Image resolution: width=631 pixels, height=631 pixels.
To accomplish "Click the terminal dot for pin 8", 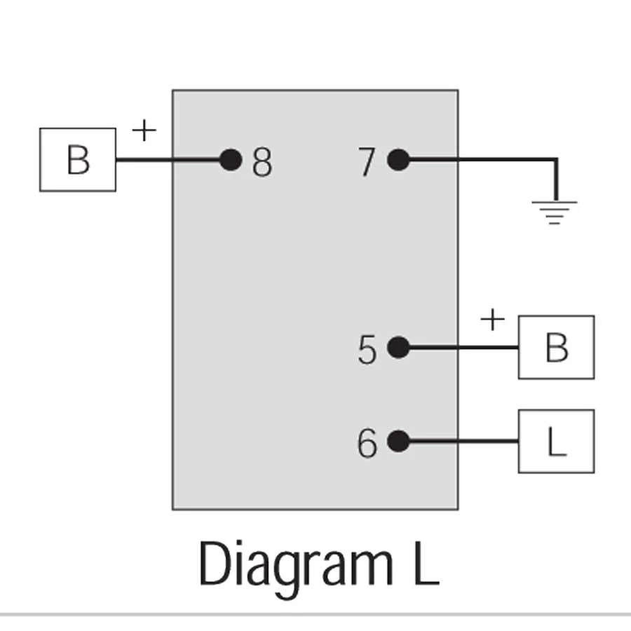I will point(231,161).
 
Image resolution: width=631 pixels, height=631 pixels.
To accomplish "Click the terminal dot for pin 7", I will point(398,161).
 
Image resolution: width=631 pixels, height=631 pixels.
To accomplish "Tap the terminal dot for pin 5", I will point(398,348).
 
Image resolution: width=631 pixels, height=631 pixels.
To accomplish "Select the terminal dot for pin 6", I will point(398,441).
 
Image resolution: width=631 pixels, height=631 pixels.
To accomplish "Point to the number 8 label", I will point(262,163).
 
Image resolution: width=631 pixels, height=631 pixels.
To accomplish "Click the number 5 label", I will point(367,350).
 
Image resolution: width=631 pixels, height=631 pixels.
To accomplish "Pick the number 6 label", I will point(367,443).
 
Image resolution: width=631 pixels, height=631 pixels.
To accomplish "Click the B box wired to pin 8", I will point(78,159).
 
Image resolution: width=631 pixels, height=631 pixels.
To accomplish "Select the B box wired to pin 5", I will point(556,347).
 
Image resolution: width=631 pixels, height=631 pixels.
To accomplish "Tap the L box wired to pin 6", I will point(556,441).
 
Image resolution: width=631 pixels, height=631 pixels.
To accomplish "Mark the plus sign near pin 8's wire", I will point(143,130).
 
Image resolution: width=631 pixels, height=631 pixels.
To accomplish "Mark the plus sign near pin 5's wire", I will point(493,320).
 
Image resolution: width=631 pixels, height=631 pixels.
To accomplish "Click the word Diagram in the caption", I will point(295,565).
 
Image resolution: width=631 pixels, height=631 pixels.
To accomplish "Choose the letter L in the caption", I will point(425,564).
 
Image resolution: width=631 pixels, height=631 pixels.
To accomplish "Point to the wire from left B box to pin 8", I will point(168,161).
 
